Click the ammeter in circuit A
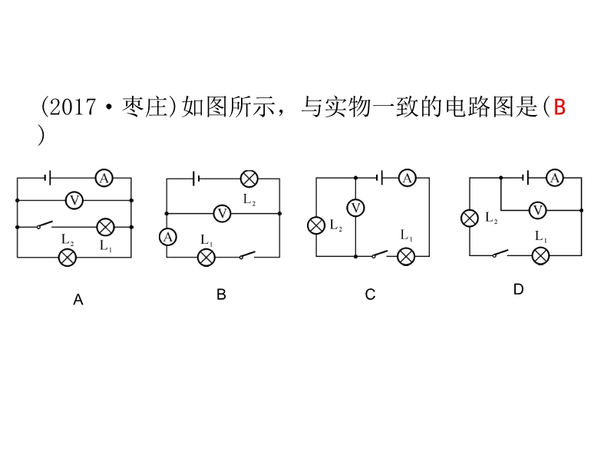pos(104,179)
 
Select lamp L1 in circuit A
pos(105,226)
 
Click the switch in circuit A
pos(44,225)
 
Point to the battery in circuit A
pos(48,179)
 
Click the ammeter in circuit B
pos(167,237)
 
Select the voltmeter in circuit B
pos(222,213)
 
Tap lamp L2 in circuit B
pos(249,179)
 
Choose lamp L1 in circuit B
pos(206,257)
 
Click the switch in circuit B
pos(247,255)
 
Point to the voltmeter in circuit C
pos(355,207)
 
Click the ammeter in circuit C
pos(407,179)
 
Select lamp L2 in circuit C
pos(316,225)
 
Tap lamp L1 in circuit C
pos(405,256)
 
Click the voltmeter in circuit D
pos(539,209)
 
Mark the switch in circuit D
pos(500,254)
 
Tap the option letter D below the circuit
pos(518,289)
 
